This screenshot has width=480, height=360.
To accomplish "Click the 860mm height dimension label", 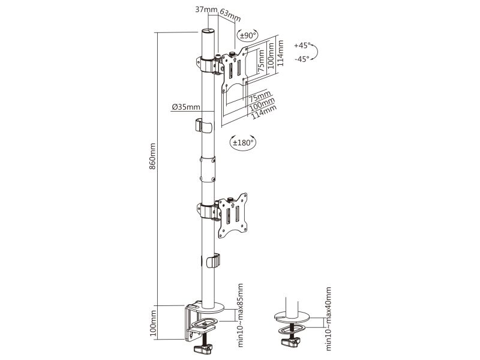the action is [152, 157].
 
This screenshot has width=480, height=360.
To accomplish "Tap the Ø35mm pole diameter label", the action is [186, 107].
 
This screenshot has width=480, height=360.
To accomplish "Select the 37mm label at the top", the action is [206, 10].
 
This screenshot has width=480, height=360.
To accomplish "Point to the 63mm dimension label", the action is [230, 16].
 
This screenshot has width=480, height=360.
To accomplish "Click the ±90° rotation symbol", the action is [248, 35].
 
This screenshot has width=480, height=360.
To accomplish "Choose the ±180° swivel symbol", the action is [243, 142].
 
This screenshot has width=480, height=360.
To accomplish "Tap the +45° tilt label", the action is [302, 46].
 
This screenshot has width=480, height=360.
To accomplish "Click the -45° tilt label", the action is [302, 59].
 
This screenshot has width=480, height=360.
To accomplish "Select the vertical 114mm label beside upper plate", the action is [280, 53].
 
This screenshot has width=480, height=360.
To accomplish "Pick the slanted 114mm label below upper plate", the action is [263, 112].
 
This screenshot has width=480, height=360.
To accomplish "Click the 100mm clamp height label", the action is [153, 323].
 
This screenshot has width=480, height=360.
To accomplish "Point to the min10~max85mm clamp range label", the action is [241, 316].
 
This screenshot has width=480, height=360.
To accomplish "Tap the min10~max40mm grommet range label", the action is [328, 319].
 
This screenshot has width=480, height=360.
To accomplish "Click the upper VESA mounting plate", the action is [235, 70].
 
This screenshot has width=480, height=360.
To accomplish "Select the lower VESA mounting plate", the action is [233, 216].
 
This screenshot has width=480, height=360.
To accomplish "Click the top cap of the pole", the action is [208, 31].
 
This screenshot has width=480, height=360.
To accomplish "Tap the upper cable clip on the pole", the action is [204, 125].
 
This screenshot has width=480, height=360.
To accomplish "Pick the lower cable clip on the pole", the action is [213, 260].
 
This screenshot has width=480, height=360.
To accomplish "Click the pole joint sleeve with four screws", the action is [208, 169].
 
